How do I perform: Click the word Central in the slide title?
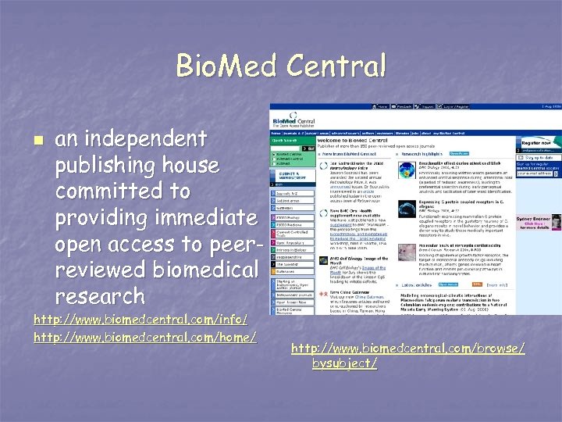pos(336,65)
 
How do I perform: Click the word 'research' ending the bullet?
pos(100,296)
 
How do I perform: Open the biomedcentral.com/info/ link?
pos(140,320)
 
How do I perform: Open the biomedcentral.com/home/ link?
pos(146,336)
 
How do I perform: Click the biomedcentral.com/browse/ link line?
pos(408,348)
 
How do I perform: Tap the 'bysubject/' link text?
pos(344,364)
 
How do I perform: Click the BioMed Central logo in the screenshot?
pos(293,122)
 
